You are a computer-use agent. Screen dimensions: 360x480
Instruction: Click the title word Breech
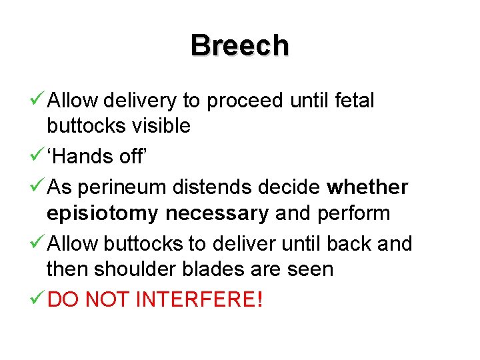click(x=239, y=46)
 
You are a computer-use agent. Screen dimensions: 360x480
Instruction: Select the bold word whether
click(x=367, y=187)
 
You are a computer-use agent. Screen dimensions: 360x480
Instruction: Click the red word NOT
click(x=106, y=299)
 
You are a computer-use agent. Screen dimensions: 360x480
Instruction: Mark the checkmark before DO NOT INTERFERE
click(x=37, y=299)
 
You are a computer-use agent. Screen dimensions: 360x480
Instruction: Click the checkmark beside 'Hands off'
click(x=37, y=156)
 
